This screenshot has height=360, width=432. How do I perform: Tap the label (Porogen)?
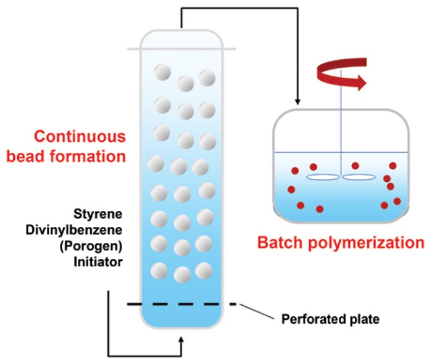(x=96, y=245)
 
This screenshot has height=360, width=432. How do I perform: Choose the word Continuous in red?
(x=80, y=136)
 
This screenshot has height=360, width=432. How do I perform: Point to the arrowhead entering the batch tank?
(x=298, y=100)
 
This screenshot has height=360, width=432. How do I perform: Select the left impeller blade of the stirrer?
(x=323, y=178)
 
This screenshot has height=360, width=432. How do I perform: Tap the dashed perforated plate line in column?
(x=181, y=305)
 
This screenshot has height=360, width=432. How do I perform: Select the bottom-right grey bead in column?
(x=203, y=270)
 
